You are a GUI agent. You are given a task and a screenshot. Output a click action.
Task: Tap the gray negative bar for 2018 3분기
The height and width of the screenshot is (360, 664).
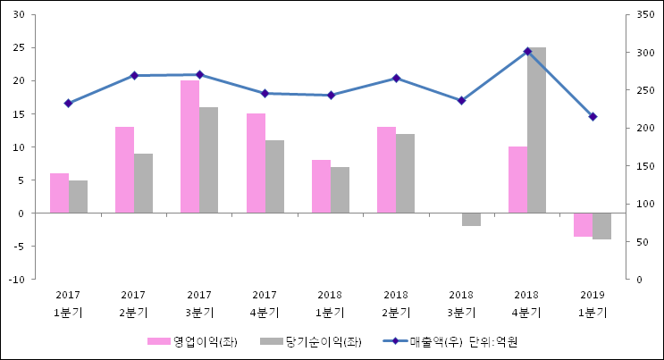tap(471, 220)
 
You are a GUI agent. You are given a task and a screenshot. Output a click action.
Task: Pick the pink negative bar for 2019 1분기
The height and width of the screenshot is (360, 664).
tap(583, 225)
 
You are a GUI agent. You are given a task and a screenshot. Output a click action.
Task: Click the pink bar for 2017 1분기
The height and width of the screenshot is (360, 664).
tap(59, 193)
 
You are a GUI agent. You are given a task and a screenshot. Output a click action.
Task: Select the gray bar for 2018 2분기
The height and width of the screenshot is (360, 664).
tap(405, 173)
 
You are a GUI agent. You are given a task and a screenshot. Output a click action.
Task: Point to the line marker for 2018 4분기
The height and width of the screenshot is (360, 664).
tap(527, 52)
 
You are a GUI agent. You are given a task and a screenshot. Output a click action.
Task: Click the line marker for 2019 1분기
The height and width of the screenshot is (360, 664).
tap(593, 117)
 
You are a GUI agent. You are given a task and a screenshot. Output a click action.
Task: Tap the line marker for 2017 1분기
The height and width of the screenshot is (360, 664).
tap(68, 104)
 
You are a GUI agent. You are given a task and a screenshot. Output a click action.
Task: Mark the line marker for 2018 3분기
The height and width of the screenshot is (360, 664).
tap(461, 101)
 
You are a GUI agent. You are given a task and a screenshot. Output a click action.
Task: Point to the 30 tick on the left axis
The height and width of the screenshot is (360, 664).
tap(18, 15)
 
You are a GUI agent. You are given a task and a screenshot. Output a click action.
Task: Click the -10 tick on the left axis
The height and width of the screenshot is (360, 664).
tap(16, 280)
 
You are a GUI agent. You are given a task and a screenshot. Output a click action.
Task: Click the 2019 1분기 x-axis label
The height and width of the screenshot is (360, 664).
tap(593, 304)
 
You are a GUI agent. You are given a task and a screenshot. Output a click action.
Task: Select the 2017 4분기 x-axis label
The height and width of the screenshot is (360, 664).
tap(265, 304)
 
